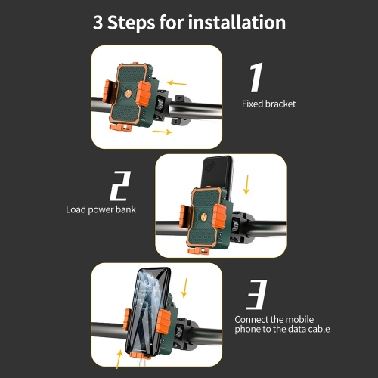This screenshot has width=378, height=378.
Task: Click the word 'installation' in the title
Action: (237, 22)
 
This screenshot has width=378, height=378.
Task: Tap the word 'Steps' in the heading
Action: (132, 23)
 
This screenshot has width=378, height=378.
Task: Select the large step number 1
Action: (257, 77)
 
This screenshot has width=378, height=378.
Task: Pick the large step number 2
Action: (120, 186)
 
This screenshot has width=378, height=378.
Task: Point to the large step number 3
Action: (256, 294)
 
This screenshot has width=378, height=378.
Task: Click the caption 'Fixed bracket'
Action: (268, 104)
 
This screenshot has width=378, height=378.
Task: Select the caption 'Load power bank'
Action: (101, 209)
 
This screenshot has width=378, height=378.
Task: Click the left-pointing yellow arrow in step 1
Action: (177, 83)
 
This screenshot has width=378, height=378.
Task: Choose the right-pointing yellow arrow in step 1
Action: (163, 132)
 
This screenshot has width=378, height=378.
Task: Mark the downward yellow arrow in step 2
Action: (246, 185)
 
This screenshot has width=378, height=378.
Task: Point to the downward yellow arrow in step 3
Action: (185, 288)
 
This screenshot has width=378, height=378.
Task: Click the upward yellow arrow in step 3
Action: (119, 360)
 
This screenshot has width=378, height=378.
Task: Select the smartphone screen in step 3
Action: (148, 311)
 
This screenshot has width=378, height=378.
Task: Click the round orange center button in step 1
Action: (129, 94)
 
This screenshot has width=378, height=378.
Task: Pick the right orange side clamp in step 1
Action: (144, 94)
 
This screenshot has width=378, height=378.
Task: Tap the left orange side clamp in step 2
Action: (184, 216)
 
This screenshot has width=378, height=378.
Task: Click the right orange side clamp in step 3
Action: (163, 321)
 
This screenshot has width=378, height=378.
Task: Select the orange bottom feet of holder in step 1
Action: (121, 128)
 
